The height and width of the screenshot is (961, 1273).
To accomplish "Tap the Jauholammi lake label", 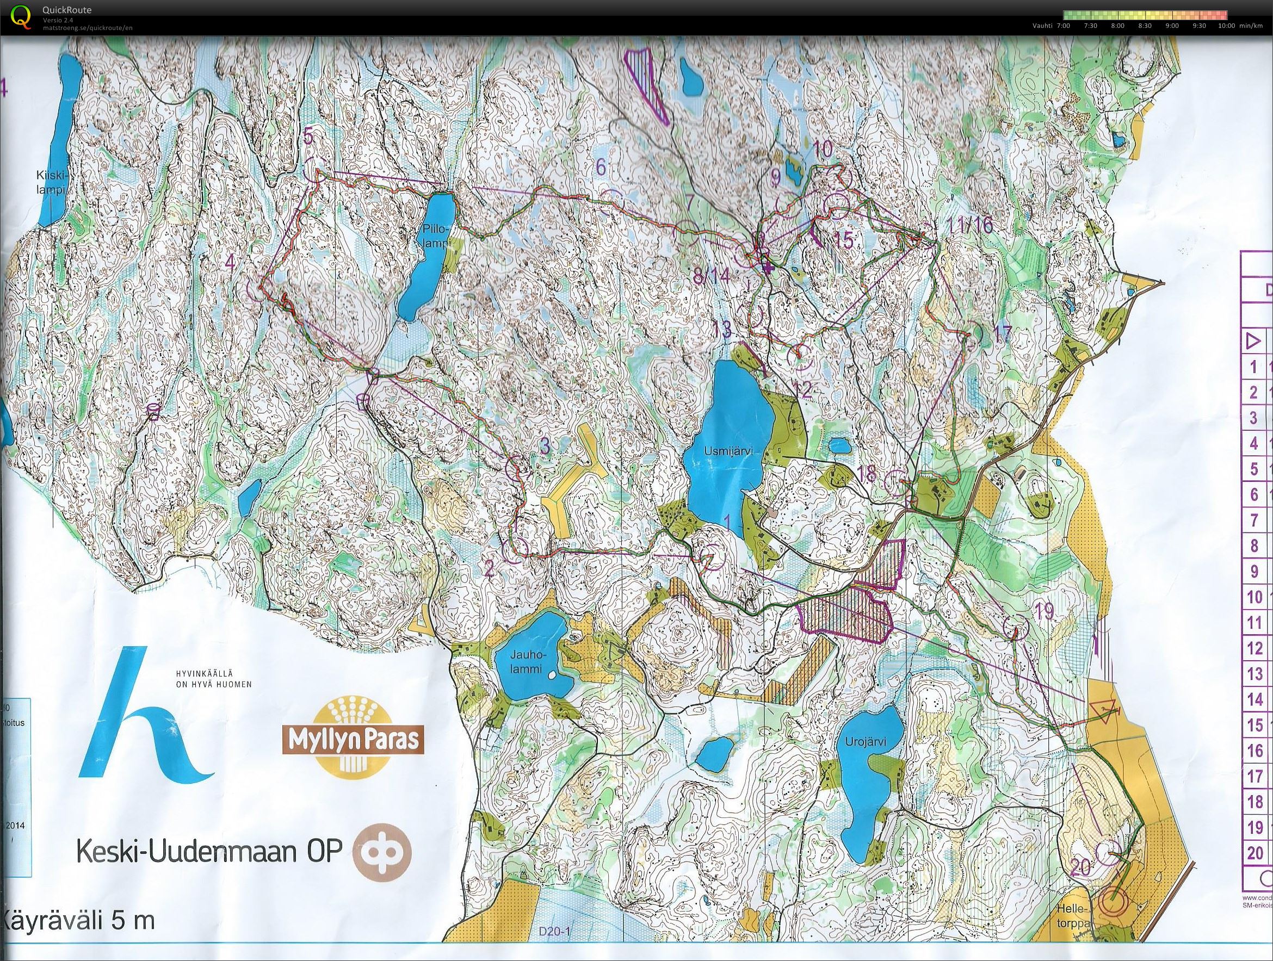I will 527,661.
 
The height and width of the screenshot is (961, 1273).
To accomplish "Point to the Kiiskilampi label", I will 51,182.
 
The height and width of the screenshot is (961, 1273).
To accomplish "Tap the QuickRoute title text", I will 67,10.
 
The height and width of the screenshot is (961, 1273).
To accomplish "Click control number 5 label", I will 308,137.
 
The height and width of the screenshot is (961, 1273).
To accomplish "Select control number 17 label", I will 1003,334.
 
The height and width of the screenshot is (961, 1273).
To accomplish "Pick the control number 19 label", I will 1044,611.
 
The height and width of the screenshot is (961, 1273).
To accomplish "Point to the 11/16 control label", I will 971,225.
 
